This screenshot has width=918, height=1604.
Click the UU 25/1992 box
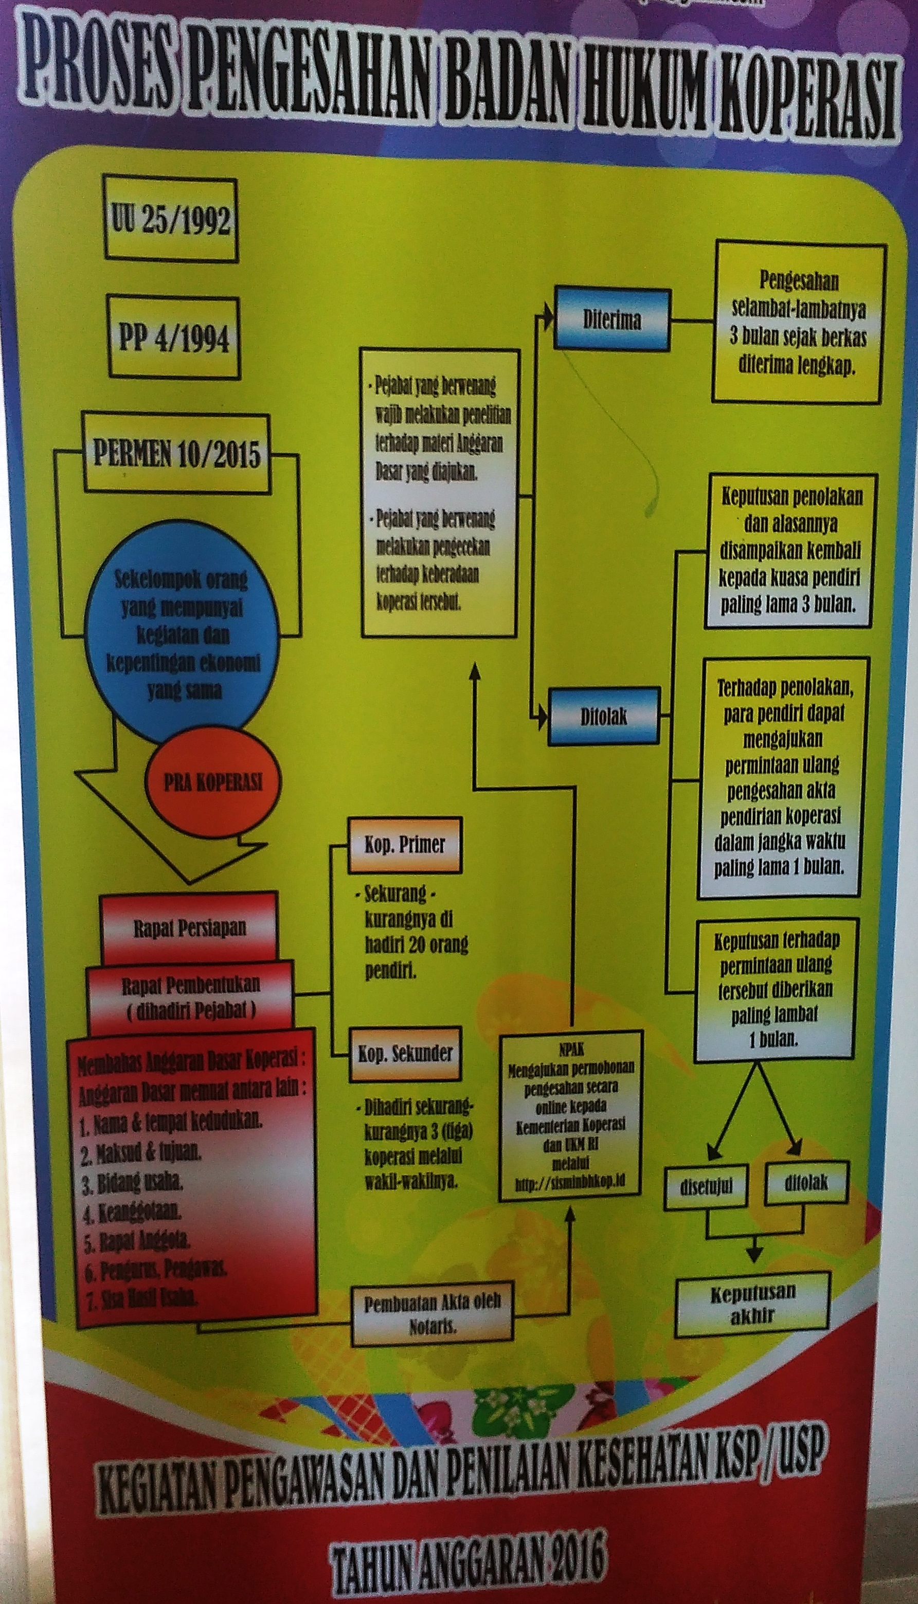[x=171, y=220]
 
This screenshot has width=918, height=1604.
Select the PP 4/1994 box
[x=174, y=338]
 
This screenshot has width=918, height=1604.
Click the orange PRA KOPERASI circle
[x=212, y=783]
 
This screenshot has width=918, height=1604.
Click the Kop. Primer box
[x=404, y=845]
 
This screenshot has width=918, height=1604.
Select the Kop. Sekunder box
[x=405, y=1053]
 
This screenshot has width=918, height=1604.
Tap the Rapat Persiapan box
[x=189, y=929]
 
